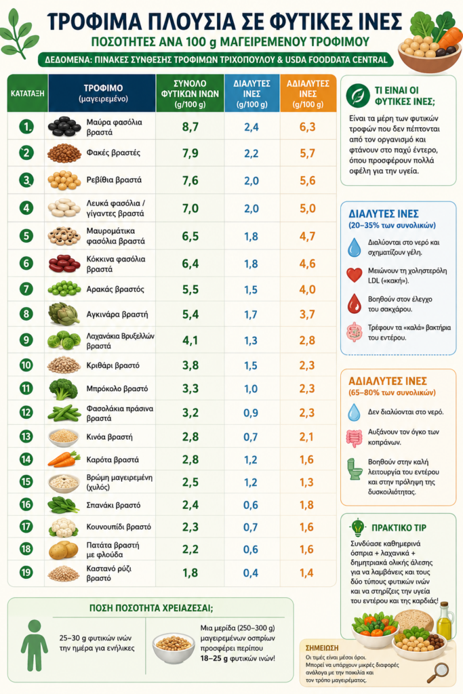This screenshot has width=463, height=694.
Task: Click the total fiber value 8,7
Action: coord(190,127)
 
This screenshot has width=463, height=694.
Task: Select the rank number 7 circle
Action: coord(26,289)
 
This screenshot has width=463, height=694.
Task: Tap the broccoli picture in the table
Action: coord(63,389)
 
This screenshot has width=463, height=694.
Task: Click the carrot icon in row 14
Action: coord(64,460)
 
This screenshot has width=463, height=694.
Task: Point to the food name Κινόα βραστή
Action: coord(109,437)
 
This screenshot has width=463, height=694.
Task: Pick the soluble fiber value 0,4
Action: coord(251,573)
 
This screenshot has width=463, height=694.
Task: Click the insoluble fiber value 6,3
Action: coord(307,127)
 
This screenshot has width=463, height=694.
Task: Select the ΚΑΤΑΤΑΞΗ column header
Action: coord(27,94)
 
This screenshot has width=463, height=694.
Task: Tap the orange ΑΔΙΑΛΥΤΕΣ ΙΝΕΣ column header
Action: coord(308,94)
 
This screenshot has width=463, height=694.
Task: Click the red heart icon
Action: coord(354,275)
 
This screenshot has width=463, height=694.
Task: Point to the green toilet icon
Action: coord(355,469)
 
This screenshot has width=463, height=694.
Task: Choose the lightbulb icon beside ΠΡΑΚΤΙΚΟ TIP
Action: coord(357,527)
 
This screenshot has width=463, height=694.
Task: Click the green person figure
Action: coord(35,645)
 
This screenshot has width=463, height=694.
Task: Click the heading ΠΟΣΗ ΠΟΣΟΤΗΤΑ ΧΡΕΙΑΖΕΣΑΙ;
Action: coord(151,608)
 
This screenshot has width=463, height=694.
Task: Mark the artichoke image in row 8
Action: coord(64,314)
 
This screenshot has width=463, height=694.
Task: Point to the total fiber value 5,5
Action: coord(190,289)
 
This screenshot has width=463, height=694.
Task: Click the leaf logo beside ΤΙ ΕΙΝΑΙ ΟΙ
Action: coord(358,96)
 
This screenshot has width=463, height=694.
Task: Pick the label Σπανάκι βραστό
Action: coord(113,505)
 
